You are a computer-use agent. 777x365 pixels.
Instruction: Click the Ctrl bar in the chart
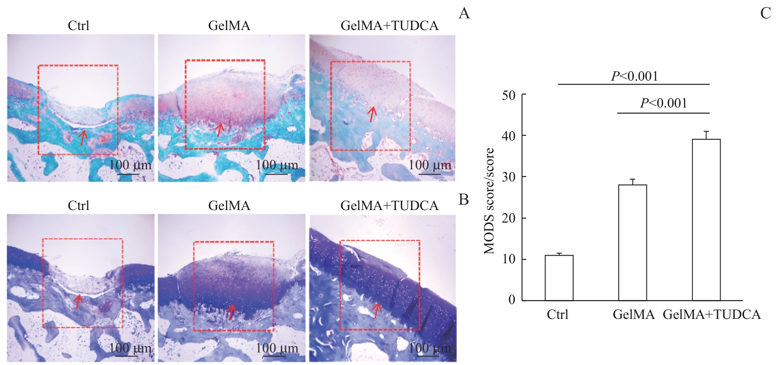click(x=559, y=278)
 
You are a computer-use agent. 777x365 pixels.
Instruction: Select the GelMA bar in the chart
click(x=632, y=242)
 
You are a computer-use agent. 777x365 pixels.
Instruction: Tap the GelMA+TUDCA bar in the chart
click(x=706, y=219)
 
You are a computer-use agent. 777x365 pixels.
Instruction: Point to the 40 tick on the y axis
click(x=509, y=136)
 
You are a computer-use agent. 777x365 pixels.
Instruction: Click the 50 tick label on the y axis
click(x=509, y=95)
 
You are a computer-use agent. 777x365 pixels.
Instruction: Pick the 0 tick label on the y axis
click(x=512, y=300)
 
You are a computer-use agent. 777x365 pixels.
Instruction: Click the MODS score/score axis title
click(x=489, y=201)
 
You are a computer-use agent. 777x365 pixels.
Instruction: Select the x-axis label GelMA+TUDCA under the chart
click(x=711, y=315)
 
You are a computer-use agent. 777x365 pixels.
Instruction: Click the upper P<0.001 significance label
click(x=634, y=76)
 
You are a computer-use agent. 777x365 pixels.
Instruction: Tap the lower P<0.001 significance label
click(x=663, y=103)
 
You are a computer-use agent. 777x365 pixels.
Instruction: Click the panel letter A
click(x=464, y=13)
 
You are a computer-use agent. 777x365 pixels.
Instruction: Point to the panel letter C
click(x=765, y=13)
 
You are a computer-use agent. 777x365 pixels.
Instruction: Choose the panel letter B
click(x=463, y=199)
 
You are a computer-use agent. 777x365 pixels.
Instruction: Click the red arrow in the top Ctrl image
click(x=82, y=137)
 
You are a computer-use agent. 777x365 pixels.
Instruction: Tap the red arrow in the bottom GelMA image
click(x=231, y=312)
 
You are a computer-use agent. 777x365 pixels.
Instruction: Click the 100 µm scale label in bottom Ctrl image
click(x=130, y=348)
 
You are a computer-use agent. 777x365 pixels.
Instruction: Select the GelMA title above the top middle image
click(x=229, y=26)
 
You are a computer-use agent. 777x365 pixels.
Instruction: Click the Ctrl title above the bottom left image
click(x=78, y=206)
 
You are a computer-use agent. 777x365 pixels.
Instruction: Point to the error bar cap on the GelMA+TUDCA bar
click(x=706, y=131)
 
